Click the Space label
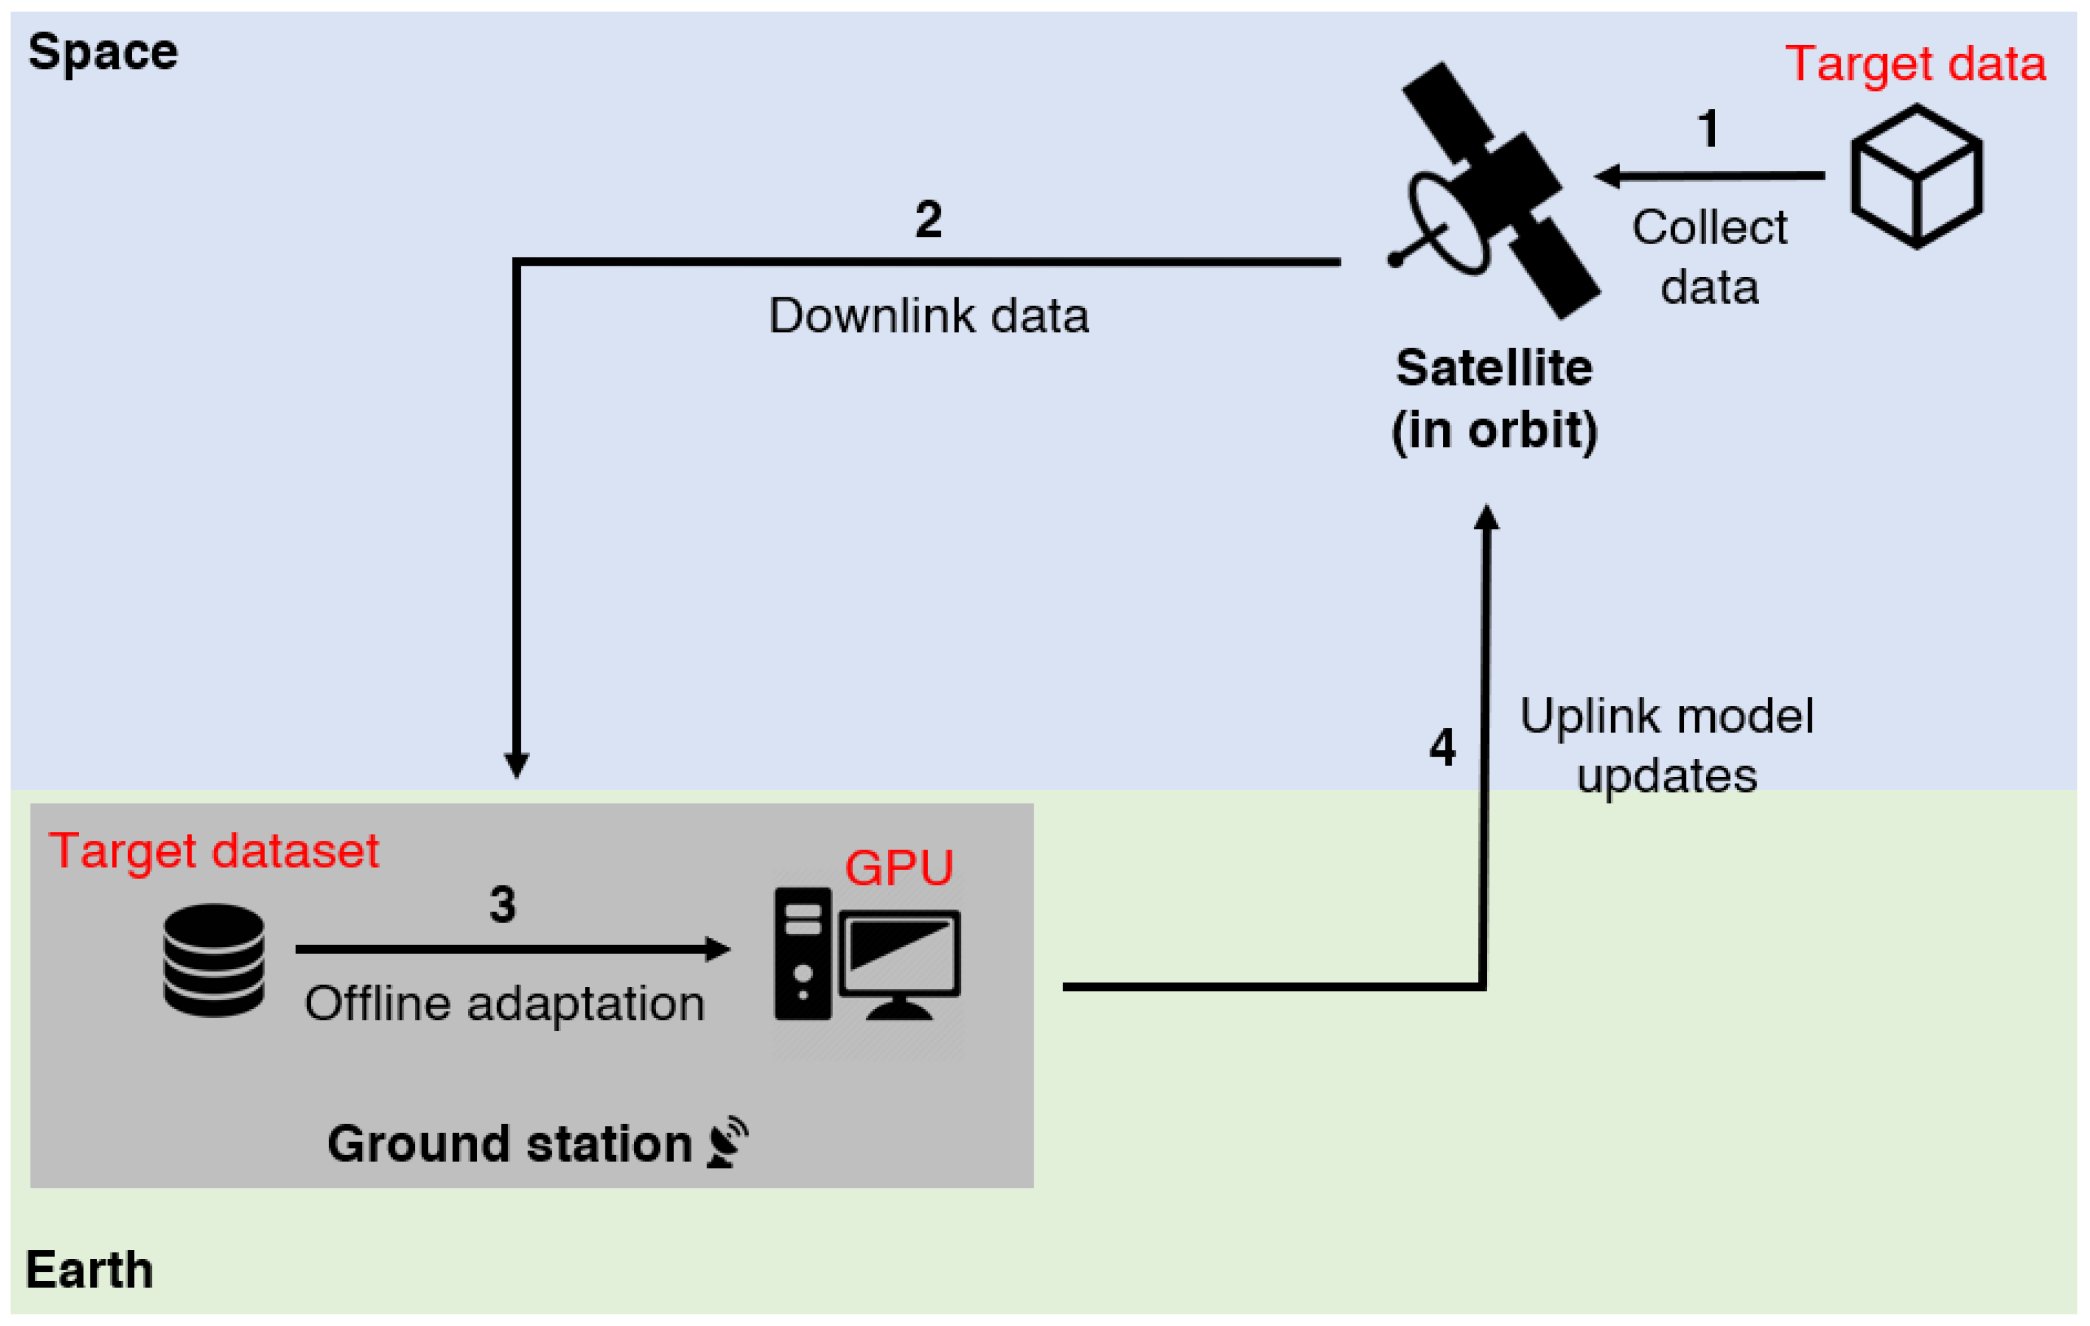click(x=102, y=52)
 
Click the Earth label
click(x=89, y=1270)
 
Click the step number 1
click(x=1708, y=128)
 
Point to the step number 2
click(x=928, y=219)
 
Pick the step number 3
click(x=502, y=904)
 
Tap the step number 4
click(x=1442, y=747)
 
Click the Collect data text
click(x=1709, y=257)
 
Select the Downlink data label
click(x=928, y=315)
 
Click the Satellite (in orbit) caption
click(x=1493, y=399)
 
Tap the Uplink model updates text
click(x=1666, y=745)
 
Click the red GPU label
click(x=898, y=868)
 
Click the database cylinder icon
click(x=214, y=960)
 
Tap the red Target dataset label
click(x=214, y=850)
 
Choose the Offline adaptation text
click(x=504, y=1004)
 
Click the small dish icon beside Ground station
click(x=727, y=1142)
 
